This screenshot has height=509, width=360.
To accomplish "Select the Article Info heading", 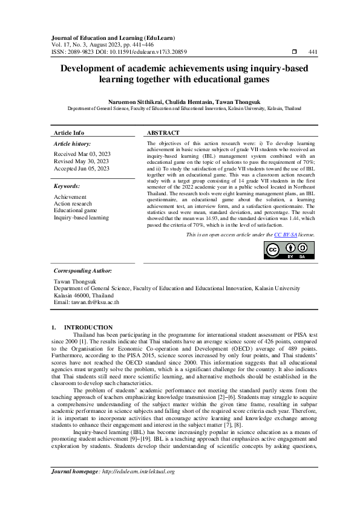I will pos(69,132).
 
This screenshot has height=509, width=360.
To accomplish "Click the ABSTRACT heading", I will pos(163,132).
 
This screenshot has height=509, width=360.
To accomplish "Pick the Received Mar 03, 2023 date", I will pos(81,155).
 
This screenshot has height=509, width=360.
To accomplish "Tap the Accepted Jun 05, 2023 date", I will pos(82,169).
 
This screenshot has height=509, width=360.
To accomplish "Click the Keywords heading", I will pos(68,187).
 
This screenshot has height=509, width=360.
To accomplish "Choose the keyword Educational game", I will pos(76,210).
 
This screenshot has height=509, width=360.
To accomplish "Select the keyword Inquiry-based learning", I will pos(81,217).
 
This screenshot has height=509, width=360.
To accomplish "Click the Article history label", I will pos(73,144).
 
